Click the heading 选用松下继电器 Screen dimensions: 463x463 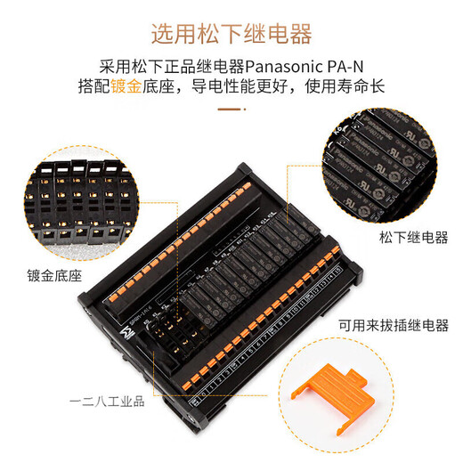coord(231,35)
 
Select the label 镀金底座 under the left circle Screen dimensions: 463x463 coord(54,276)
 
